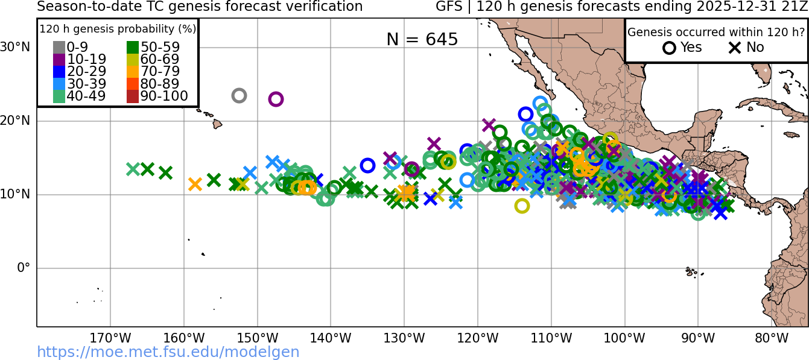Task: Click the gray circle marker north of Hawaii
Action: pyautogui.click(x=239, y=95)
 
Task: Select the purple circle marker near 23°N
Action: pyautogui.click(x=276, y=99)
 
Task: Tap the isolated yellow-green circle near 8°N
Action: pyautogui.click(x=522, y=206)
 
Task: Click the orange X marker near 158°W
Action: pyautogui.click(x=195, y=185)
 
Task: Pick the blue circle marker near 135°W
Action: pyautogui.click(x=367, y=165)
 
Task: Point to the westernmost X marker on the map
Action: pyautogui.click(x=133, y=169)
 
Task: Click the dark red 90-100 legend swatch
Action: pyautogui.click(x=133, y=96)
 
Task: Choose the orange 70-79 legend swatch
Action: pyautogui.click(x=133, y=72)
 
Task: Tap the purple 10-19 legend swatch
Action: pyautogui.click(x=59, y=60)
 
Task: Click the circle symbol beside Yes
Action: pyautogui.click(x=669, y=48)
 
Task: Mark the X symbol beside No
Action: pyautogui.click(x=735, y=48)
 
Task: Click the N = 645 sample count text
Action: pyautogui.click(x=422, y=40)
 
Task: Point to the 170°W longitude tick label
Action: pyautogui.click(x=110, y=338)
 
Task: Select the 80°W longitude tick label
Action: pyautogui.click(x=772, y=338)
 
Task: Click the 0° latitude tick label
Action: pyautogui.click(x=24, y=268)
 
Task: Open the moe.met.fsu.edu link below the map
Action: pyautogui.click(x=168, y=352)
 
